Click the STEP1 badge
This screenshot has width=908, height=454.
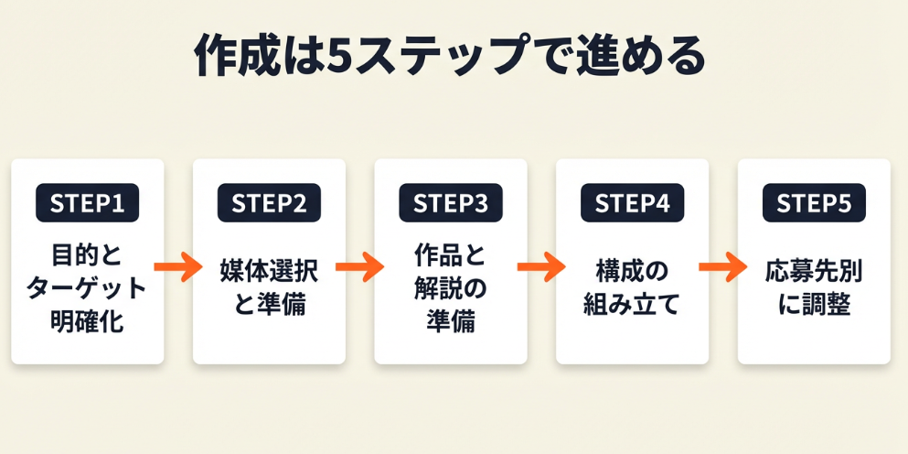[x=87, y=203]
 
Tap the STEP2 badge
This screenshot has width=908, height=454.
[x=269, y=203]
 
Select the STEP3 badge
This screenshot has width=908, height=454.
[x=451, y=203]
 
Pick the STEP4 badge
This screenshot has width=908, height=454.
[x=632, y=203]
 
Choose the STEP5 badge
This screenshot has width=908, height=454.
[x=814, y=203]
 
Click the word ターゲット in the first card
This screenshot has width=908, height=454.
[x=87, y=287]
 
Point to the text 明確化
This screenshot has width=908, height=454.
[x=87, y=321]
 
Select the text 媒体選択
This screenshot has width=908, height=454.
[x=269, y=271]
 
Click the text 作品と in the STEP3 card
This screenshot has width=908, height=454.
[x=451, y=254]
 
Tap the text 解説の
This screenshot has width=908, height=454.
[x=451, y=287]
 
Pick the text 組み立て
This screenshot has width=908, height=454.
[x=632, y=305]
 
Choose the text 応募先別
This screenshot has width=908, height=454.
[x=814, y=271]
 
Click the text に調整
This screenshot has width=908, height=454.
[x=814, y=305]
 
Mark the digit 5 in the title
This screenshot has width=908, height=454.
[x=339, y=57]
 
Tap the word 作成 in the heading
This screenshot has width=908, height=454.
[x=240, y=57]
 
